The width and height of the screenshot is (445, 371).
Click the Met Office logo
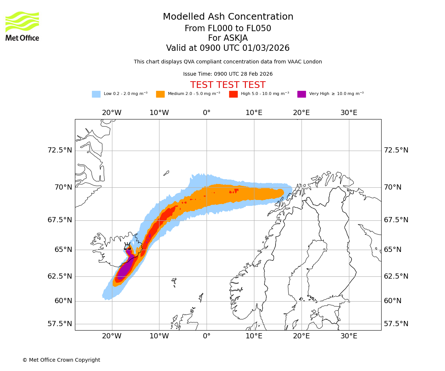tap(22, 26)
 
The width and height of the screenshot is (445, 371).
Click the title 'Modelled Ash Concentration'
tap(228, 17)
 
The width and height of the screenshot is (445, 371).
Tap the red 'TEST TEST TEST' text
tap(228, 85)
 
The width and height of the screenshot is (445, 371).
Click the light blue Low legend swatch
tap(96, 94)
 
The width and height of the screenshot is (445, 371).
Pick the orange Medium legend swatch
tap(160, 94)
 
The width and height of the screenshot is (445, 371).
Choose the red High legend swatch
tap(233, 94)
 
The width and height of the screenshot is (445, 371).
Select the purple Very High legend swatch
tap(301, 94)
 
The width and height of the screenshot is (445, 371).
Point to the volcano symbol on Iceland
tap(127, 246)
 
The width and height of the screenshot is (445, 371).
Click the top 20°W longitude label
tap(112, 113)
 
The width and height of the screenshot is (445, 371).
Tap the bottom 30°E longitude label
tap(349, 336)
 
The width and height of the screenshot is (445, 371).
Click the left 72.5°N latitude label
tap(60, 150)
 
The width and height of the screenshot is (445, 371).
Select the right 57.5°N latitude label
tap(396, 324)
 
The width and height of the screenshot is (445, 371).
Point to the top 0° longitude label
tap(207, 113)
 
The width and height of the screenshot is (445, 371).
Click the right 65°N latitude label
tap(392, 249)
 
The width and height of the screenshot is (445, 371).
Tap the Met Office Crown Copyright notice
tap(61, 360)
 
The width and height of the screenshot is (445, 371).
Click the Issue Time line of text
tap(228, 74)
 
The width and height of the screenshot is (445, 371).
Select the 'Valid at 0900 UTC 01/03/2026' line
tap(228, 48)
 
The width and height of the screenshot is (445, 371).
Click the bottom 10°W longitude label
tap(159, 336)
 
